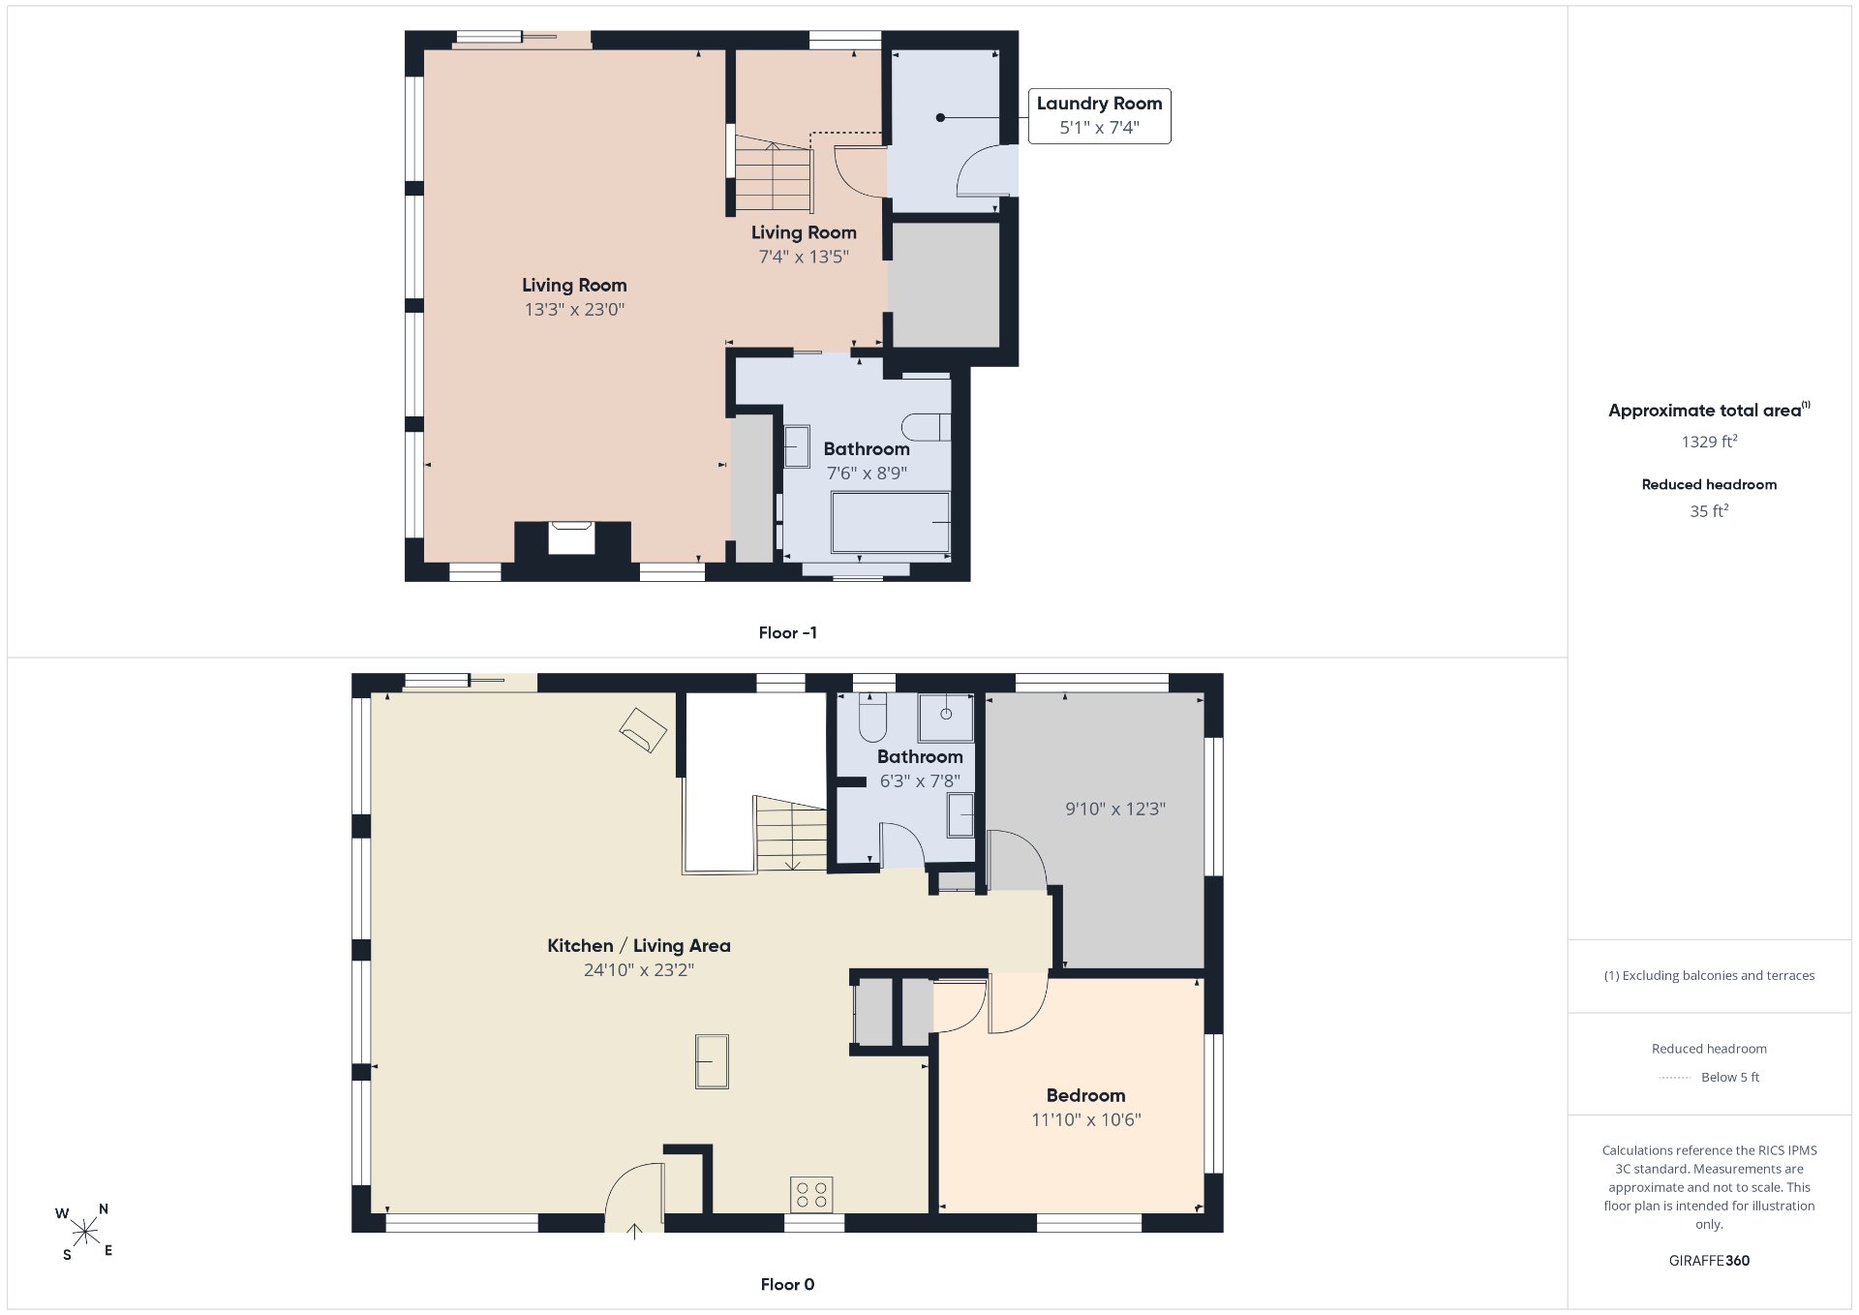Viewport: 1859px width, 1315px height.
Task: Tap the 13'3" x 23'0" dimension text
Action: click(x=575, y=310)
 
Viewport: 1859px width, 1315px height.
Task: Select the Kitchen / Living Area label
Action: click(x=639, y=946)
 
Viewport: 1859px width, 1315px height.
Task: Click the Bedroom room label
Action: click(x=1085, y=1095)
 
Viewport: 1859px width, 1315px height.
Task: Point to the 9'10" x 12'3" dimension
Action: click(x=1115, y=809)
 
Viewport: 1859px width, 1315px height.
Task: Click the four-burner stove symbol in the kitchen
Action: click(x=811, y=1194)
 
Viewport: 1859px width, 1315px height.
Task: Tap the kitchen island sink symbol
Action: click(x=712, y=1061)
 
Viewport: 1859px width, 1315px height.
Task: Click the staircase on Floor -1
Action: click(x=773, y=173)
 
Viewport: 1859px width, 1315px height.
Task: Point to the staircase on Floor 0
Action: click(x=791, y=834)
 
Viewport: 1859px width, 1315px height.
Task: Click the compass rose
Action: click(x=85, y=1232)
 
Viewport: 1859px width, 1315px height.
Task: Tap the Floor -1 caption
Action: click(x=787, y=632)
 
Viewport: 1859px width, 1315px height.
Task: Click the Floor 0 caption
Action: click(x=787, y=1284)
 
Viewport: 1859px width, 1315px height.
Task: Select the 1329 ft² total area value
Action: click(x=1709, y=442)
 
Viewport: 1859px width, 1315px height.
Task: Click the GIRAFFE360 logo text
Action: click(x=1709, y=1261)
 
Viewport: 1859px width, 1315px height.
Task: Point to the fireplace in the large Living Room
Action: click(x=571, y=538)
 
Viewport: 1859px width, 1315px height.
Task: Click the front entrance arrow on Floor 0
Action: click(x=634, y=1231)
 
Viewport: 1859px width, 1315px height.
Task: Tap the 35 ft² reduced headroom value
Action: click(x=1709, y=511)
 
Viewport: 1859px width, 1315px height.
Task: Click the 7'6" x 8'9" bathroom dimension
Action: click(x=867, y=474)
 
